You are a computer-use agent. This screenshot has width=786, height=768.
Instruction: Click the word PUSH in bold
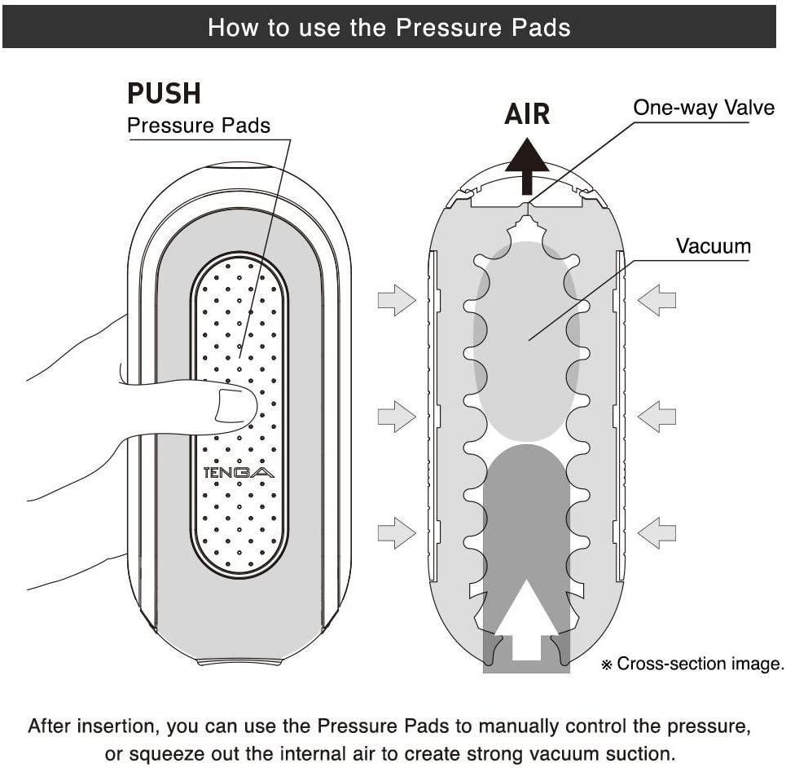tap(164, 94)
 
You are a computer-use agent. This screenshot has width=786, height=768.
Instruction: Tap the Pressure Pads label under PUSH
tap(199, 126)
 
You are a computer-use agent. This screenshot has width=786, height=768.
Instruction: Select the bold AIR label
tap(527, 114)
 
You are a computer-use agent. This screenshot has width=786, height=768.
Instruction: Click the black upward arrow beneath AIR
tap(527, 167)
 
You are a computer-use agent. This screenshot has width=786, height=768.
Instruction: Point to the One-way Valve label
tap(704, 108)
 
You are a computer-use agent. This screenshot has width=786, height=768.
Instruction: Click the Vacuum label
tap(713, 245)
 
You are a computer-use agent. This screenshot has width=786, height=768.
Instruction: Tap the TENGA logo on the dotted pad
tap(239, 472)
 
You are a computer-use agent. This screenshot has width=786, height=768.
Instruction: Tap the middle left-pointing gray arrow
tap(656, 417)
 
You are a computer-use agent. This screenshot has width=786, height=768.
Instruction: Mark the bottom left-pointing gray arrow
tap(656, 534)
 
